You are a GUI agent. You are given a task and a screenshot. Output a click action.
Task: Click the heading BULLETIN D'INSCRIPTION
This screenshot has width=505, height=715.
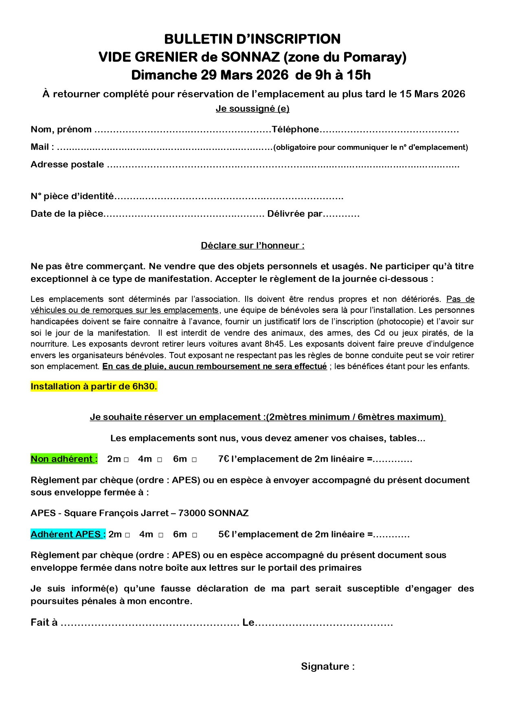[252, 39]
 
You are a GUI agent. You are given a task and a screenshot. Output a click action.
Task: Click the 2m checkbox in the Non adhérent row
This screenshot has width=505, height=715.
[126, 460]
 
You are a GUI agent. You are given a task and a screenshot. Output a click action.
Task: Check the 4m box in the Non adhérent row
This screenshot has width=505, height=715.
[160, 460]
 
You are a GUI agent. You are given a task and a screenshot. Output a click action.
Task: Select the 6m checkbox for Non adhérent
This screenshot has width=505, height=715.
[194, 460]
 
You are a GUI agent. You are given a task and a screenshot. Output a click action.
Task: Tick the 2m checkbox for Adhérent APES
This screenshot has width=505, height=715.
[127, 535]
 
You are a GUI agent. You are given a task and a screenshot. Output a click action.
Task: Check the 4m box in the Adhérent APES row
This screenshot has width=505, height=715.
[161, 535]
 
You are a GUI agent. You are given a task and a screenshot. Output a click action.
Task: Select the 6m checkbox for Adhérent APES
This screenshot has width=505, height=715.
[195, 535]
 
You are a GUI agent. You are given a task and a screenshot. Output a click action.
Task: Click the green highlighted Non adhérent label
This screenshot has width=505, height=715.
[64, 459]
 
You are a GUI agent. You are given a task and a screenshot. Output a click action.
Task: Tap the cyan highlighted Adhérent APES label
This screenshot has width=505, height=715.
[68, 534]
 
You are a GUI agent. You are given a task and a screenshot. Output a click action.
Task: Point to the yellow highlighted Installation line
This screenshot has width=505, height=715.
[94, 387]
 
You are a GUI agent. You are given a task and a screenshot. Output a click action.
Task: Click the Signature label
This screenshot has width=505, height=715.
[327, 667]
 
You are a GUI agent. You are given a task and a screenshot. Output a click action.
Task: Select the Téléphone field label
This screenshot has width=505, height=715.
[295, 130]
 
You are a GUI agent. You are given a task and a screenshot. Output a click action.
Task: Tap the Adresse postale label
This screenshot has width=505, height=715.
[67, 165]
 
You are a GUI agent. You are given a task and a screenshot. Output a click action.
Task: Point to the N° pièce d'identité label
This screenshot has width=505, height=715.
[72, 196]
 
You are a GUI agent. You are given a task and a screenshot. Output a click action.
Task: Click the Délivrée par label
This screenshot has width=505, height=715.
[294, 214]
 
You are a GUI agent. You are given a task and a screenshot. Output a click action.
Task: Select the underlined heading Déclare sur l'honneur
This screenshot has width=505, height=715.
[253, 246]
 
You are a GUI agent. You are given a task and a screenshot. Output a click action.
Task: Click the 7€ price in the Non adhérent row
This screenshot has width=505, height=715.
[224, 459]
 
